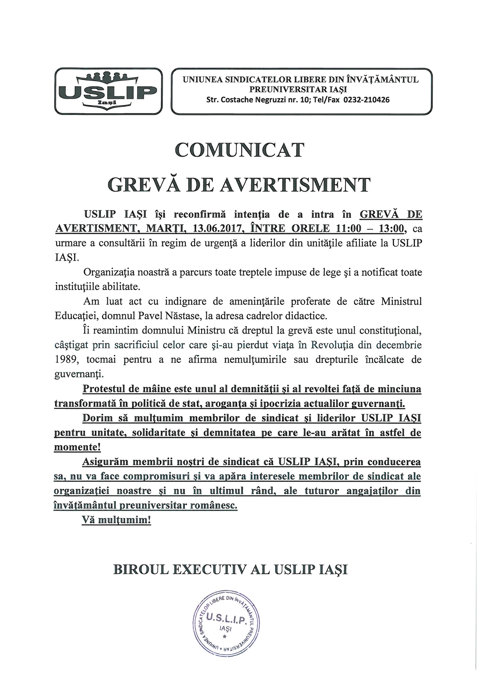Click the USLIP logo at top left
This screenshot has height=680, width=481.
pyautogui.click(x=109, y=91)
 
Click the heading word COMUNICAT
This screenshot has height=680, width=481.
pyautogui.click(x=239, y=150)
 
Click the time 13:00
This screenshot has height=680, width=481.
pyautogui.click(x=387, y=229)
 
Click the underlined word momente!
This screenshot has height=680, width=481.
pyautogui.click(x=77, y=447)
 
